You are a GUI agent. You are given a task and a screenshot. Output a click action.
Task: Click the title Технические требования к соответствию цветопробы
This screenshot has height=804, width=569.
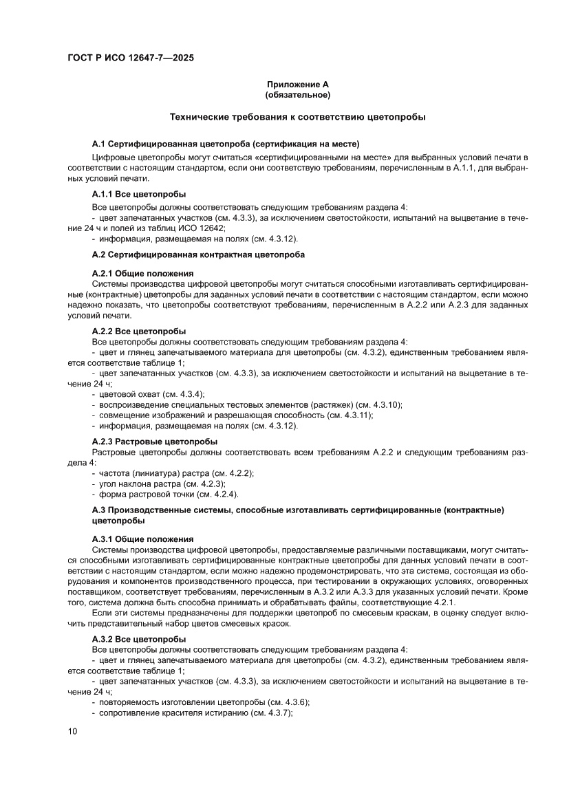(x=297, y=118)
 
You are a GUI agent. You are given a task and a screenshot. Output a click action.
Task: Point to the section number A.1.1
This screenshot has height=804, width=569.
(x=104, y=194)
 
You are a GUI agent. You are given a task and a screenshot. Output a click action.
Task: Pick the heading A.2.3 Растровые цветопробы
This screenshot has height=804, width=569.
(x=155, y=441)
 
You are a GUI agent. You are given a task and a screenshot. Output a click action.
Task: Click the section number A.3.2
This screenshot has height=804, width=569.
(x=104, y=639)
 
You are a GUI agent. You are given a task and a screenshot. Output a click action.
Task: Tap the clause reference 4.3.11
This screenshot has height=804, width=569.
(x=354, y=415)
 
